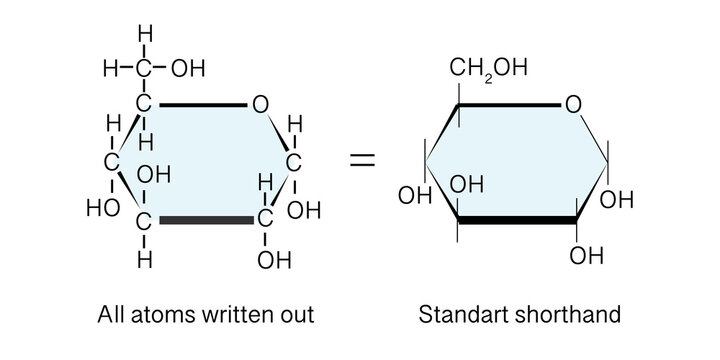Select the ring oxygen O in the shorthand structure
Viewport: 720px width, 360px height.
(572, 103)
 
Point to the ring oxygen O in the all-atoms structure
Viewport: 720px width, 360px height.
(259, 103)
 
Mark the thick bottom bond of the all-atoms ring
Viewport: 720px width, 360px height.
(204, 218)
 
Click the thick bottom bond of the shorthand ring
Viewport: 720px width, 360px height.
(517, 218)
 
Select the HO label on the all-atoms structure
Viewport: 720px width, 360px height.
(104, 209)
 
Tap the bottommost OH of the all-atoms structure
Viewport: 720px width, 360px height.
(273, 261)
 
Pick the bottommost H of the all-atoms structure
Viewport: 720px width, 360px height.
(145, 260)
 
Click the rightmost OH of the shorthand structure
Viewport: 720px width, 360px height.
(617, 200)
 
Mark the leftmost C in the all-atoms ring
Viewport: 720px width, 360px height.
(113, 160)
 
